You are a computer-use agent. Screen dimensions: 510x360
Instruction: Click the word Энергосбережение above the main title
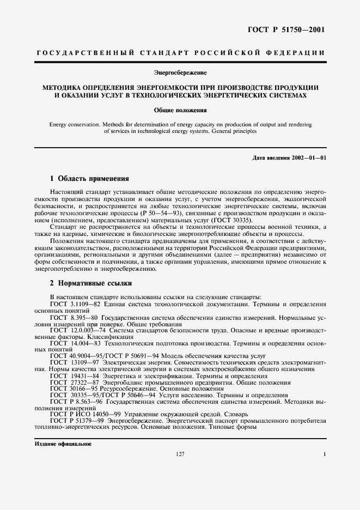pos(180,71)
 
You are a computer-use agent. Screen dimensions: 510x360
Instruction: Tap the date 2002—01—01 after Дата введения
pos(307,158)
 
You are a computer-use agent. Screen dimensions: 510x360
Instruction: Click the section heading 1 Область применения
pos(89,178)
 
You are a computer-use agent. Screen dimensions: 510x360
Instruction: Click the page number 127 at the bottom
pos(180,454)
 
